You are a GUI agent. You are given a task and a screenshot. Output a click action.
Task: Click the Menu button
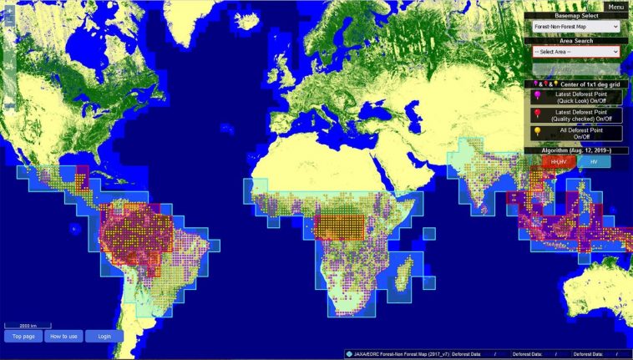click(x=616, y=7)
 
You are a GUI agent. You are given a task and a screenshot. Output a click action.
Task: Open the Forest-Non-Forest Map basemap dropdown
click(x=576, y=27)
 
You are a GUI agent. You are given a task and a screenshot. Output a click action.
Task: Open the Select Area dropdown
click(x=576, y=52)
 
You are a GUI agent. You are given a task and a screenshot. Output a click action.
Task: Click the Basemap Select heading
click(x=577, y=16)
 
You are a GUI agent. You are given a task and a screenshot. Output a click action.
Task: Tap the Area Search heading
click(x=577, y=40)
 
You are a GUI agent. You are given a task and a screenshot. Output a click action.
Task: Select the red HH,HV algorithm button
click(x=554, y=161)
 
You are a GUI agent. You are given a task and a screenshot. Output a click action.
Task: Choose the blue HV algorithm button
click(x=594, y=161)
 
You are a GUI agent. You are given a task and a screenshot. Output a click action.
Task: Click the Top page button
click(x=23, y=336)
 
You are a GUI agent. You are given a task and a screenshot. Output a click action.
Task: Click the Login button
click(x=104, y=336)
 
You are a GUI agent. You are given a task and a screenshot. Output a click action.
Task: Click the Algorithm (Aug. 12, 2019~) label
click(x=577, y=150)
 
